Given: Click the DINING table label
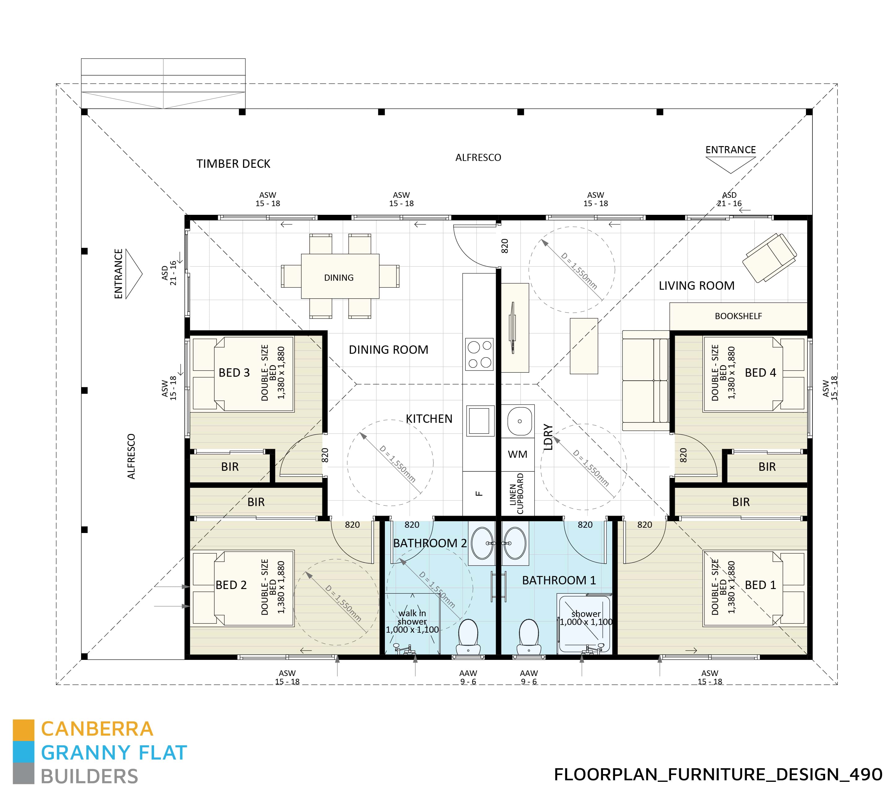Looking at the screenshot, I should click(x=338, y=278).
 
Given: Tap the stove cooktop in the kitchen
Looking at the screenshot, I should click(x=479, y=354).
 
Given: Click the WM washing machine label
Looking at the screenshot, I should click(x=517, y=454).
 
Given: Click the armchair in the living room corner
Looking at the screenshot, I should click(x=769, y=258).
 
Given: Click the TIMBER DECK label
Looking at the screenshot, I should click(x=233, y=164).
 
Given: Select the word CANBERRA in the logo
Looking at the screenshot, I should click(x=97, y=729).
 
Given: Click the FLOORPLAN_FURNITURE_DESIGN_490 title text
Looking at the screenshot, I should click(x=718, y=775).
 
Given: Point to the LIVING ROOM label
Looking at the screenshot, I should click(x=696, y=286).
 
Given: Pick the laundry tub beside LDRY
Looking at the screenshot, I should click(x=519, y=421).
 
